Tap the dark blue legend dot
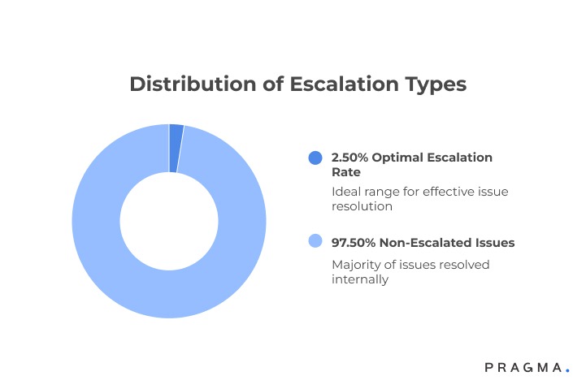pos(315,158)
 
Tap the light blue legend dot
pos(315,242)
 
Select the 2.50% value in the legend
pos(350,156)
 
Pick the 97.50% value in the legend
pos(354,242)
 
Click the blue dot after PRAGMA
pos(567,370)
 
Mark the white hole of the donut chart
pos(169,221)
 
